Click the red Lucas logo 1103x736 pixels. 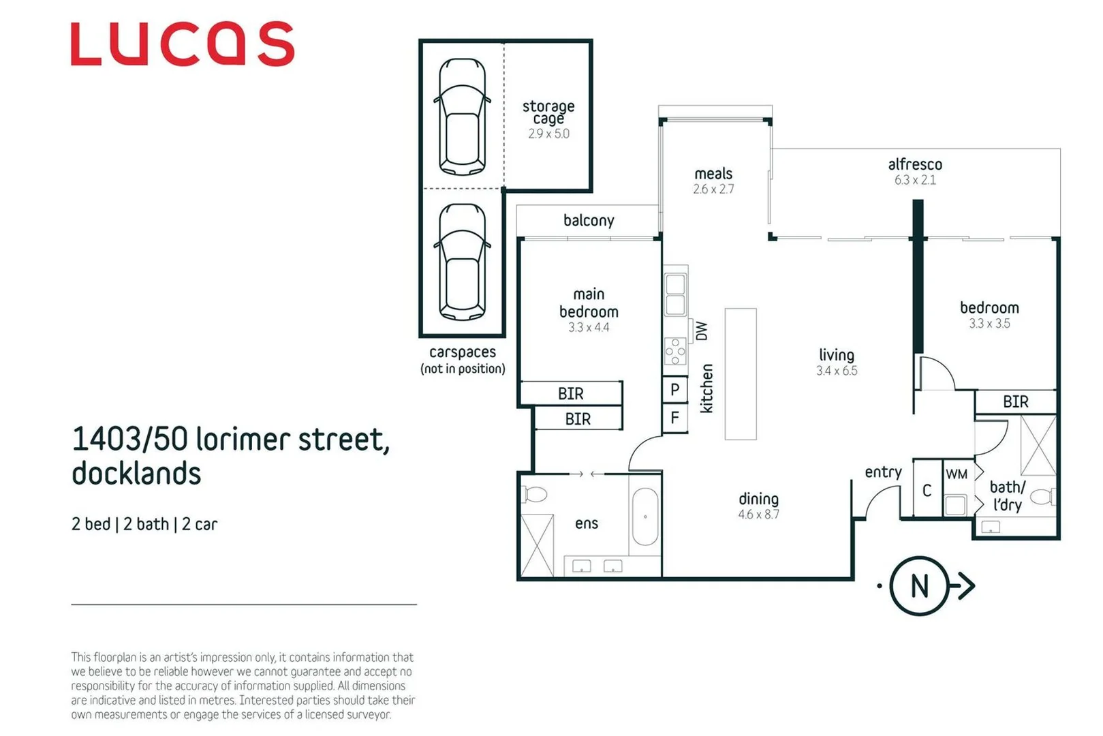[x=182, y=44]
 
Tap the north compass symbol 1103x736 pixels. [x=919, y=586]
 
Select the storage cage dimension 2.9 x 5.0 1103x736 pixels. [x=548, y=134]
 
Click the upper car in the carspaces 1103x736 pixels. [x=463, y=117]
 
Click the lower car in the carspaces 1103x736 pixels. [x=463, y=262]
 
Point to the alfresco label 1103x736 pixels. [x=915, y=164]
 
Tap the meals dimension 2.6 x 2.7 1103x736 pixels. [x=713, y=189]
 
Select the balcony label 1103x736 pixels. [x=589, y=220]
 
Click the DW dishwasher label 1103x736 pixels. [x=702, y=331]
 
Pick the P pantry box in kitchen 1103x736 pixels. [x=674, y=390]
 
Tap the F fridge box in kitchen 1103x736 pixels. [x=674, y=417]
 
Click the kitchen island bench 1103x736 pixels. [x=741, y=373]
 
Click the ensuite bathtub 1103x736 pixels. [x=644, y=516]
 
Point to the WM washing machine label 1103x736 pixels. [x=957, y=474]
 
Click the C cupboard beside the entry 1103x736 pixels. [x=927, y=490]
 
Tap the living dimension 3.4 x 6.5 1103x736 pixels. [x=837, y=371]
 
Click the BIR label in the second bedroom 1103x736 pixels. [x=1015, y=402]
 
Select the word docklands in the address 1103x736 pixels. [x=136, y=474]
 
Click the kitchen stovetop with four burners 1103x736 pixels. [x=675, y=352]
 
